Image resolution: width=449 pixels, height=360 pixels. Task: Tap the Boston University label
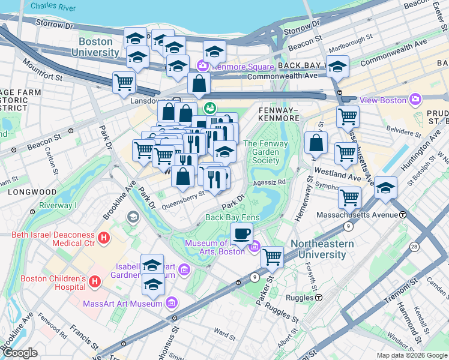95,47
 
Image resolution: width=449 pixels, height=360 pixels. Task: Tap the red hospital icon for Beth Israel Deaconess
104,238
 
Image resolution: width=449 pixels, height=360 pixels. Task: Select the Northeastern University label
318,249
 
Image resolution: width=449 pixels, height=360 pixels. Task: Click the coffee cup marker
242,233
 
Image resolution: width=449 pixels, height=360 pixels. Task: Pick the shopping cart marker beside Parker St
273,257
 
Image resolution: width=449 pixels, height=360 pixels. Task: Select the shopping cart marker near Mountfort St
124,82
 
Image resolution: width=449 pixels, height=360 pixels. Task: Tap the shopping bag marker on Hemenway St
315,143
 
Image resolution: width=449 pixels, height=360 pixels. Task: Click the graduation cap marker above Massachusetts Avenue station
386,188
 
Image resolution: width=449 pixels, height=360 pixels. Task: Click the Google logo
20,353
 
